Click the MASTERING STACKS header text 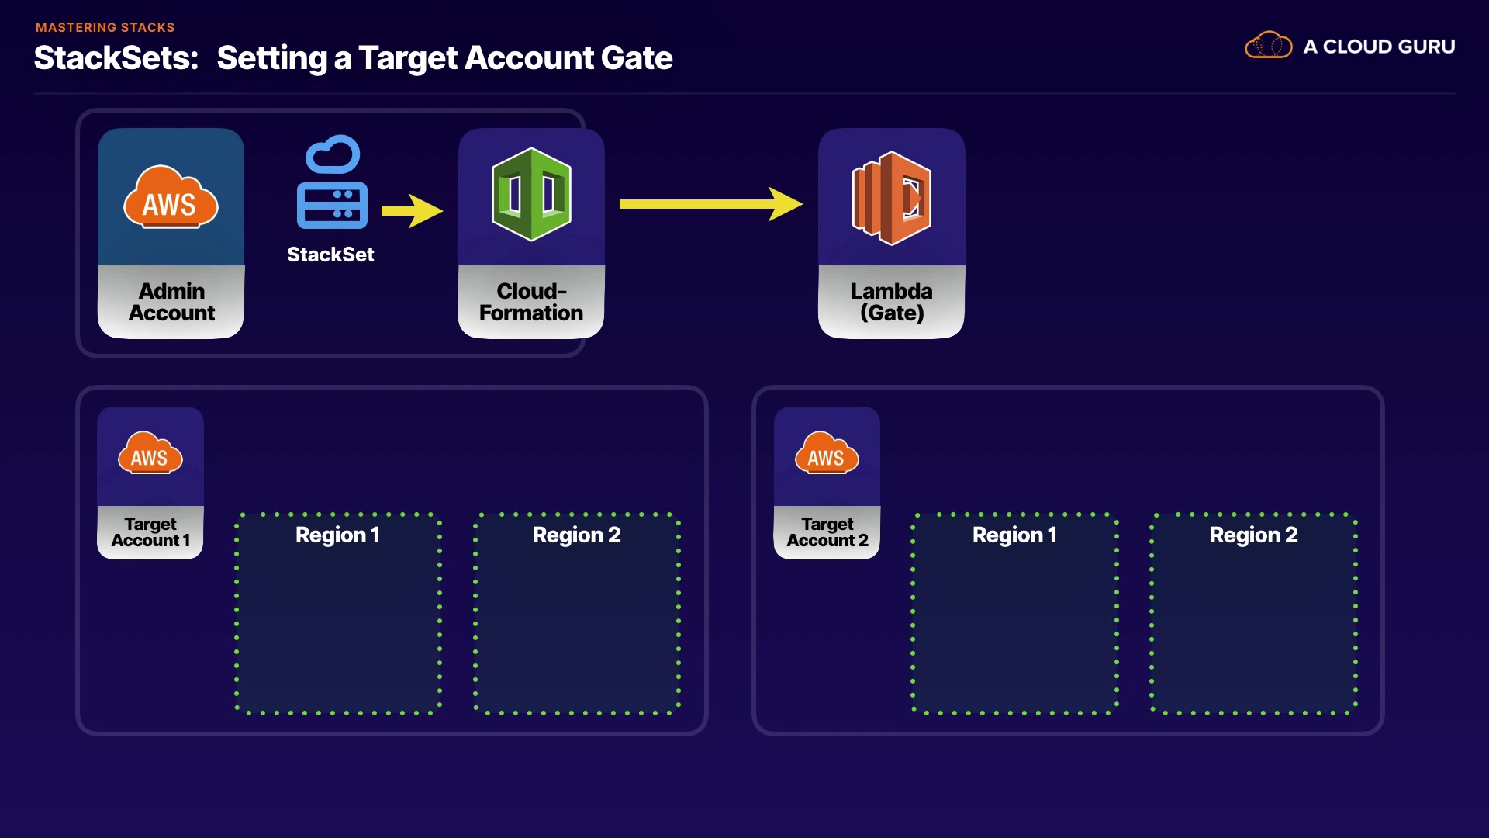(105, 27)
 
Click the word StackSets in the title (116, 58)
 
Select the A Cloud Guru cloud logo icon (1268, 46)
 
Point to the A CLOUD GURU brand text (1379, 47)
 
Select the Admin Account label (171, 302)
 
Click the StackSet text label (330, 255)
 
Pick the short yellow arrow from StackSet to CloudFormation (412, 210)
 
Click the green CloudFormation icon (531, 194)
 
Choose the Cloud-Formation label (531, 302)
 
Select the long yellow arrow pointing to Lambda (710, 204)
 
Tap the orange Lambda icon (892, 198)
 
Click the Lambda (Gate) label (892, 302)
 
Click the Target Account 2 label (827, 532)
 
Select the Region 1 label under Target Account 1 (337, 535)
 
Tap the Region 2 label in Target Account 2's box (1253, 535)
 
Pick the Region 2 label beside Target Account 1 (576, 535)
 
